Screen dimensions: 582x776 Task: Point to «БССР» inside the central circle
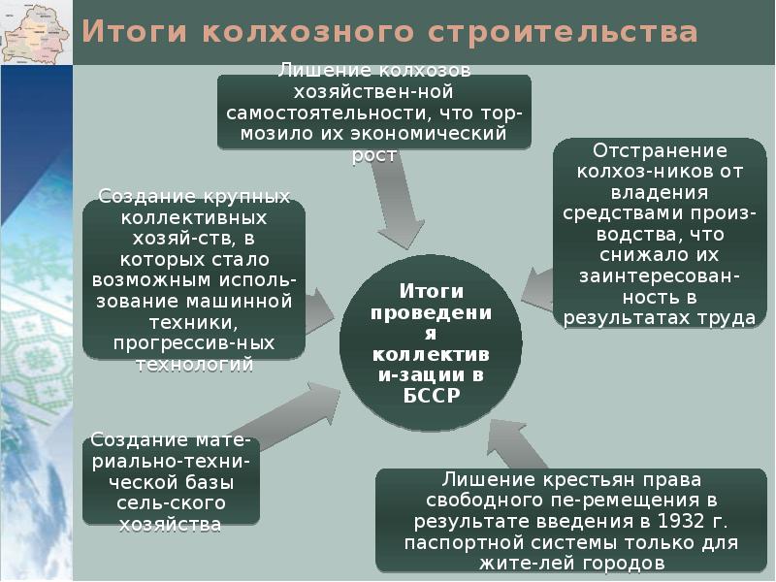click(x=431, y=396)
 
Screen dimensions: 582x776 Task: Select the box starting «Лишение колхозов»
click(x=374, y=113)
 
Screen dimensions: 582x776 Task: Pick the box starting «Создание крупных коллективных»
click(x=194, y=280)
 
